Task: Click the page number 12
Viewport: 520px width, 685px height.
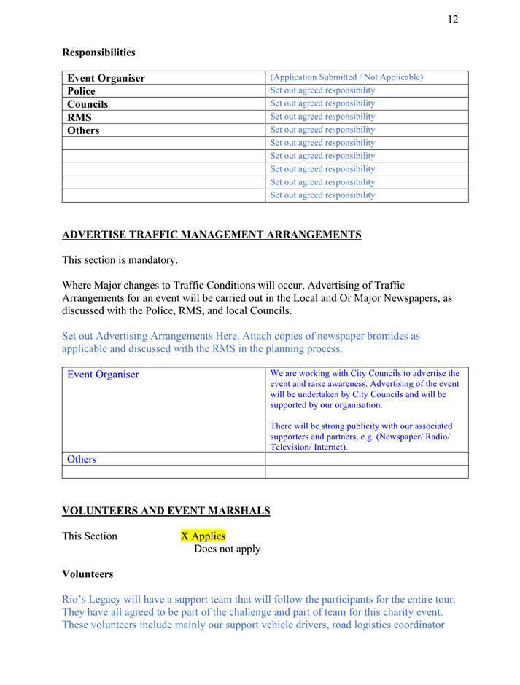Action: pos(453,20)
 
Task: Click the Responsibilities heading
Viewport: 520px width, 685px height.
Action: pos(98,52)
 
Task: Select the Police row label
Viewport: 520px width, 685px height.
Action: pos(81,91)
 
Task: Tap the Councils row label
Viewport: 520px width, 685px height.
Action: pos(88,104)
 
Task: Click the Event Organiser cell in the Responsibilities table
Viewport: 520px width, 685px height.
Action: pos(106,78)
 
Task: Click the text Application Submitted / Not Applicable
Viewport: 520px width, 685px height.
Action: pos(346,77)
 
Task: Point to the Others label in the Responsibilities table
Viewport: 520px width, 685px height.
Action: pos(83,130)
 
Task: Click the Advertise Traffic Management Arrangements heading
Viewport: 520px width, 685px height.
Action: pos(212,235)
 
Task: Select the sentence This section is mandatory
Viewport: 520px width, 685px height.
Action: pos(120,259)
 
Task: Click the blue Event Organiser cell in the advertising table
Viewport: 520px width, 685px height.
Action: pos(103,375)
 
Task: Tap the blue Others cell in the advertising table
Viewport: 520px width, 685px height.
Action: pos(82,459)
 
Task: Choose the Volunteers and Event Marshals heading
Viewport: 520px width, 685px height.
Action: pos(166,511)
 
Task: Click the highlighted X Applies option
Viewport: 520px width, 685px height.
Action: pos(203,536)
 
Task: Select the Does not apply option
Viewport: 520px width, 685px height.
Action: pos(227,549)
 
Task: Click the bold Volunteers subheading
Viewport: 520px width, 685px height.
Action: pos(88,574)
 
